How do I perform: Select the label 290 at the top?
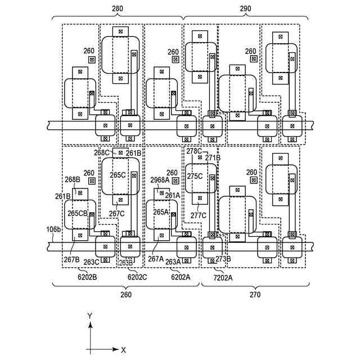pyautogui.click(x=245, y=9)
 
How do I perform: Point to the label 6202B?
pyautogui.click(x=87, y=276)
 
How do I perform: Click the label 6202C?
pyautogui.click(x=137, y=276)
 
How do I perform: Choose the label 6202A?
pyautogui.click(x=181, y=276)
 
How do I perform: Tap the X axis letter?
pyautogui.click(x=124, y=350)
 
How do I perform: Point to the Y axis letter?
pyautogui.click(x=90, y=317)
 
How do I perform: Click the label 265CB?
pyautogui.click(x=78, y=213)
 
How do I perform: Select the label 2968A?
pyautogui.click(x=159, y=180)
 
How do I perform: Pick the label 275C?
pyautogui.click(x=195, y=176)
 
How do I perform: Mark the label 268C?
pyautogui.click(x=102, y=152)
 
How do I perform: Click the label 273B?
pyautogui.click(x=223, y=259)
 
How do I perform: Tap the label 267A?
pyautogui.click(x=156, y=259)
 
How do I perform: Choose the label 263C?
pyautogui.click(x=92, y=262)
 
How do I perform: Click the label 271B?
pyautogui.click(x=213, y=158)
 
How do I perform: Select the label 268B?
pyautogui.click(x=74, y=180)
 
